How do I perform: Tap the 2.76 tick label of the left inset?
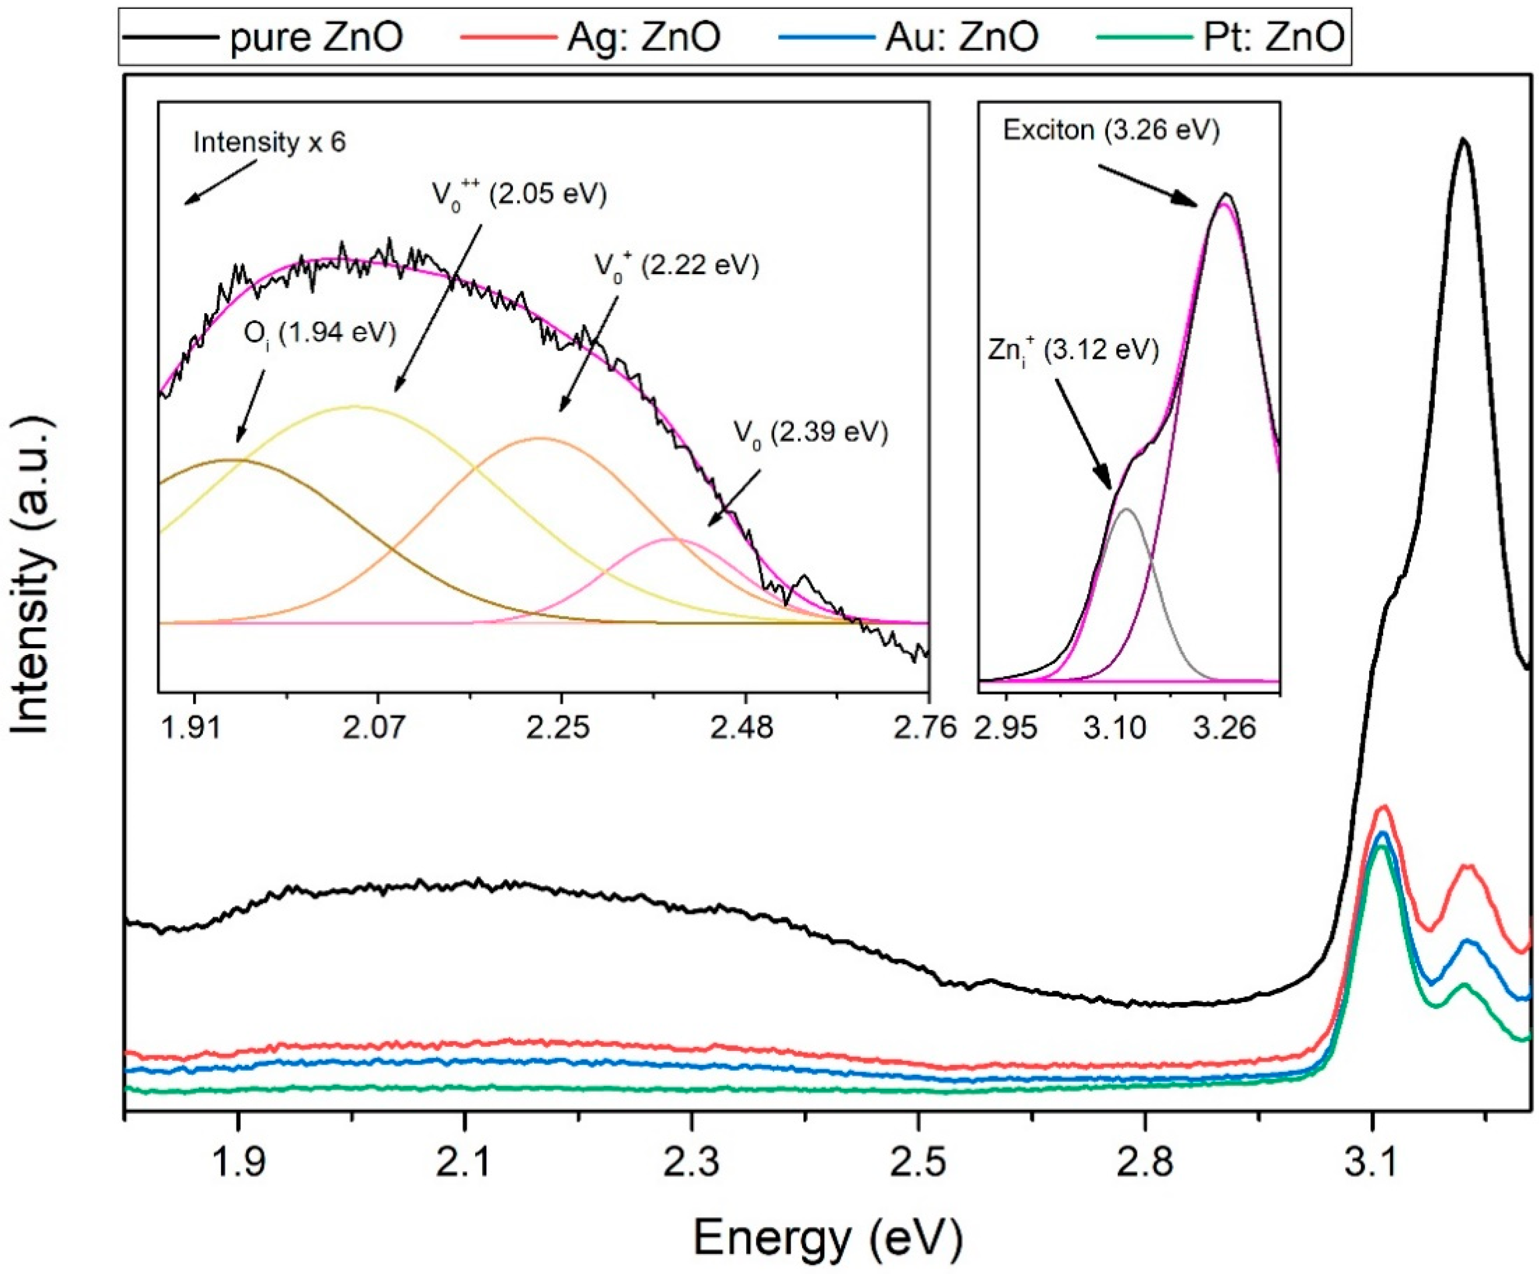pos(925,728)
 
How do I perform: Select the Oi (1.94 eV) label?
pos(319,335)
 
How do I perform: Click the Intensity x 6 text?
pos(269,142)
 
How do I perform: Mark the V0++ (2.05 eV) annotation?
pos(519,195)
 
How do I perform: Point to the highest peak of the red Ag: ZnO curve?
pos(1384,807)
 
